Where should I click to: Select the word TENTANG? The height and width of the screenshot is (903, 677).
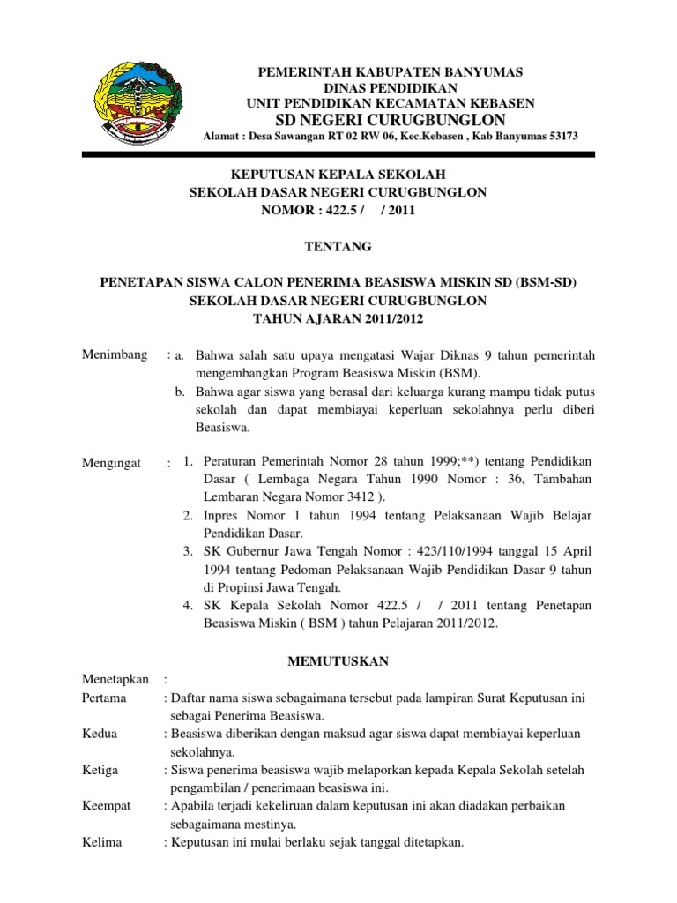tap(338, 246)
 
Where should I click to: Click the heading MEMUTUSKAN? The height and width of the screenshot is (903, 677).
tap(338, 660)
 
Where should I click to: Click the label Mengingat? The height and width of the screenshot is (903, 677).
tap(112, 463)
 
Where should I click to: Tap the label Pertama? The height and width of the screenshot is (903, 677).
tap(104, 698)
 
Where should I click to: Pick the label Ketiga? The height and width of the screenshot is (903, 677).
tap(100, 770)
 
